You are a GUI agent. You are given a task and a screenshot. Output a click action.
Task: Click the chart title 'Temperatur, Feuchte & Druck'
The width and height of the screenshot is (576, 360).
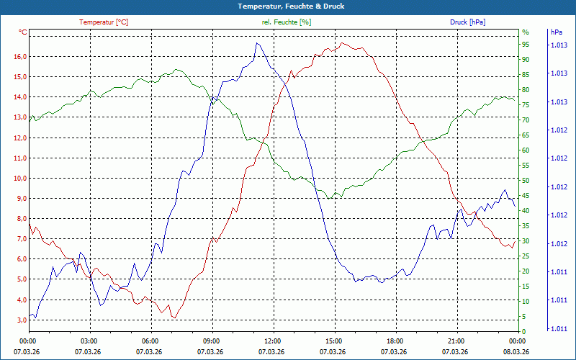pos(287,6)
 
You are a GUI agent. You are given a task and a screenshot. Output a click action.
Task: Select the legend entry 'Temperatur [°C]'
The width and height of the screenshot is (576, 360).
pos(104,22)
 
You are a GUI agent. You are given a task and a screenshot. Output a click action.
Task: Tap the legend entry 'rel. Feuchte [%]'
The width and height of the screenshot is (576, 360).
pos(287,22)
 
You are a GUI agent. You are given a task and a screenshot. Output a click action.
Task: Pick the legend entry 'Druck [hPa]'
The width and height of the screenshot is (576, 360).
pos(468,22)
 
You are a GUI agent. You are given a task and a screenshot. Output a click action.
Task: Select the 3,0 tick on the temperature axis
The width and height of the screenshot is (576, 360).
pos(21,320)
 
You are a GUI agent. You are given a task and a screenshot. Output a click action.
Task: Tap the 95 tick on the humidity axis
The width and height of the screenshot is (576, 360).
pos(526,45)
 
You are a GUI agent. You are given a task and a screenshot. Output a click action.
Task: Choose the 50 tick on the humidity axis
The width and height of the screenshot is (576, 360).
pos(526,181)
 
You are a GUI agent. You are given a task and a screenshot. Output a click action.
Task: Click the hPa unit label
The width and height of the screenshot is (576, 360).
pos(556,32)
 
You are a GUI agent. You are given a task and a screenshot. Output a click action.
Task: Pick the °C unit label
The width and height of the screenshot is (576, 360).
pos(23,32)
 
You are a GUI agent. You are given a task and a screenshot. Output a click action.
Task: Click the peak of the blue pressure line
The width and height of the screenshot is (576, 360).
pos(257,43)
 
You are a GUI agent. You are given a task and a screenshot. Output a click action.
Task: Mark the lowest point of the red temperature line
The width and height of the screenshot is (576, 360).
pos(173,318)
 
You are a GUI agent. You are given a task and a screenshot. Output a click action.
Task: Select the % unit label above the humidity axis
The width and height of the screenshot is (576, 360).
pos(526,32)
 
